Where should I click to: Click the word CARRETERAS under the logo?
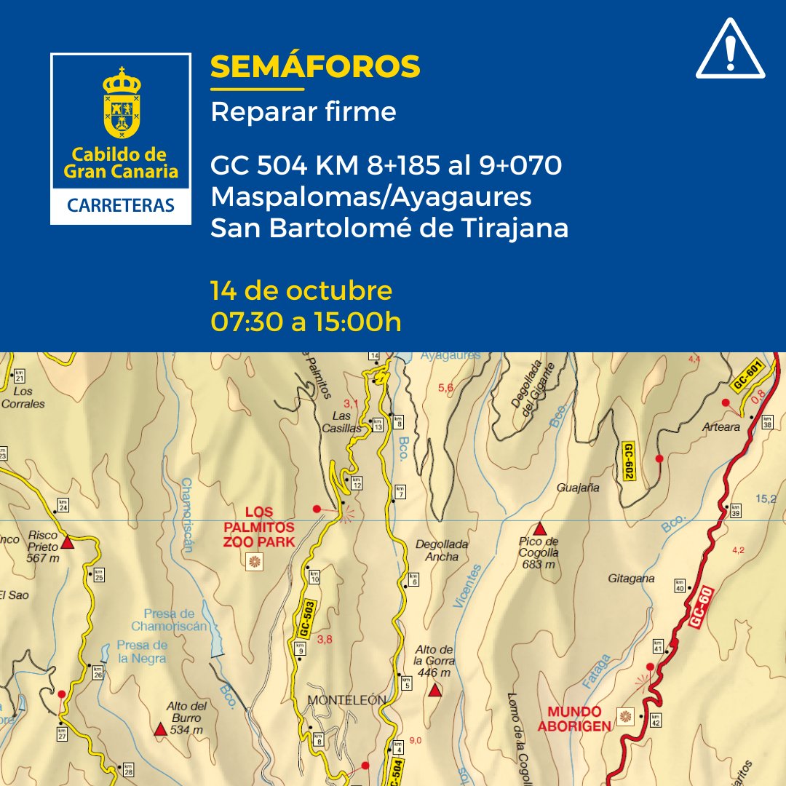click(121, 205)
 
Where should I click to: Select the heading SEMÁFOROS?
click(315, 67)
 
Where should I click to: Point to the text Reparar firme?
click(303, 112)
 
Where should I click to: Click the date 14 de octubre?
click(301, 290)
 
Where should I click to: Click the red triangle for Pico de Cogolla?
click(539, 529)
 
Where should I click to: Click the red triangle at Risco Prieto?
click(68, 543)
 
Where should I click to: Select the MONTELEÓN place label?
click(346, 700)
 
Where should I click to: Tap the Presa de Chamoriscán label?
click(170, 619)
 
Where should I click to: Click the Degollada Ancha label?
click(442, 550)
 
